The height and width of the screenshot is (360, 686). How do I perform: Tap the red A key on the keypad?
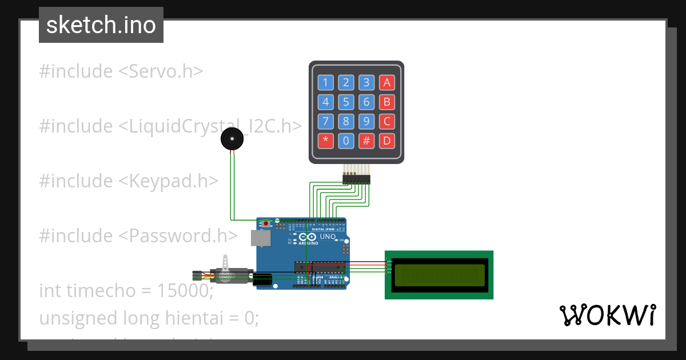click(387, 83)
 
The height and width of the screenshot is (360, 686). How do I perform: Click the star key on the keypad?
click(325, 141)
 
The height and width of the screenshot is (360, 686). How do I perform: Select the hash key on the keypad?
click(366, 141)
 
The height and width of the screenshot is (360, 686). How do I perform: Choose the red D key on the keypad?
click(387, 141)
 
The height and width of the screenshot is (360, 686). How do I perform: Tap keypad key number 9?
click(366, 121)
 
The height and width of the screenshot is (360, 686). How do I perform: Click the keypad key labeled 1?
click(325, 83)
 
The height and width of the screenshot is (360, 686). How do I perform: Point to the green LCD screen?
click(438, 275)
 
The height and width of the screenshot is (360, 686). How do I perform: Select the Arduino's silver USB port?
click(260, 238)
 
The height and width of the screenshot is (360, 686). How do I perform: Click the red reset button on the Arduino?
click(265, 223)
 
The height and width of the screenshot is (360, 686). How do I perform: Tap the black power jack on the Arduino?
click(262, 279)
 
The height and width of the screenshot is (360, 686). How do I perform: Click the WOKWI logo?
click(607, 315)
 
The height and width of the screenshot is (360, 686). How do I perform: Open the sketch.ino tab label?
click(101, 25)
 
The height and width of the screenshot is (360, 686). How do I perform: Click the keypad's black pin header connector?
click(356, 179)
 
